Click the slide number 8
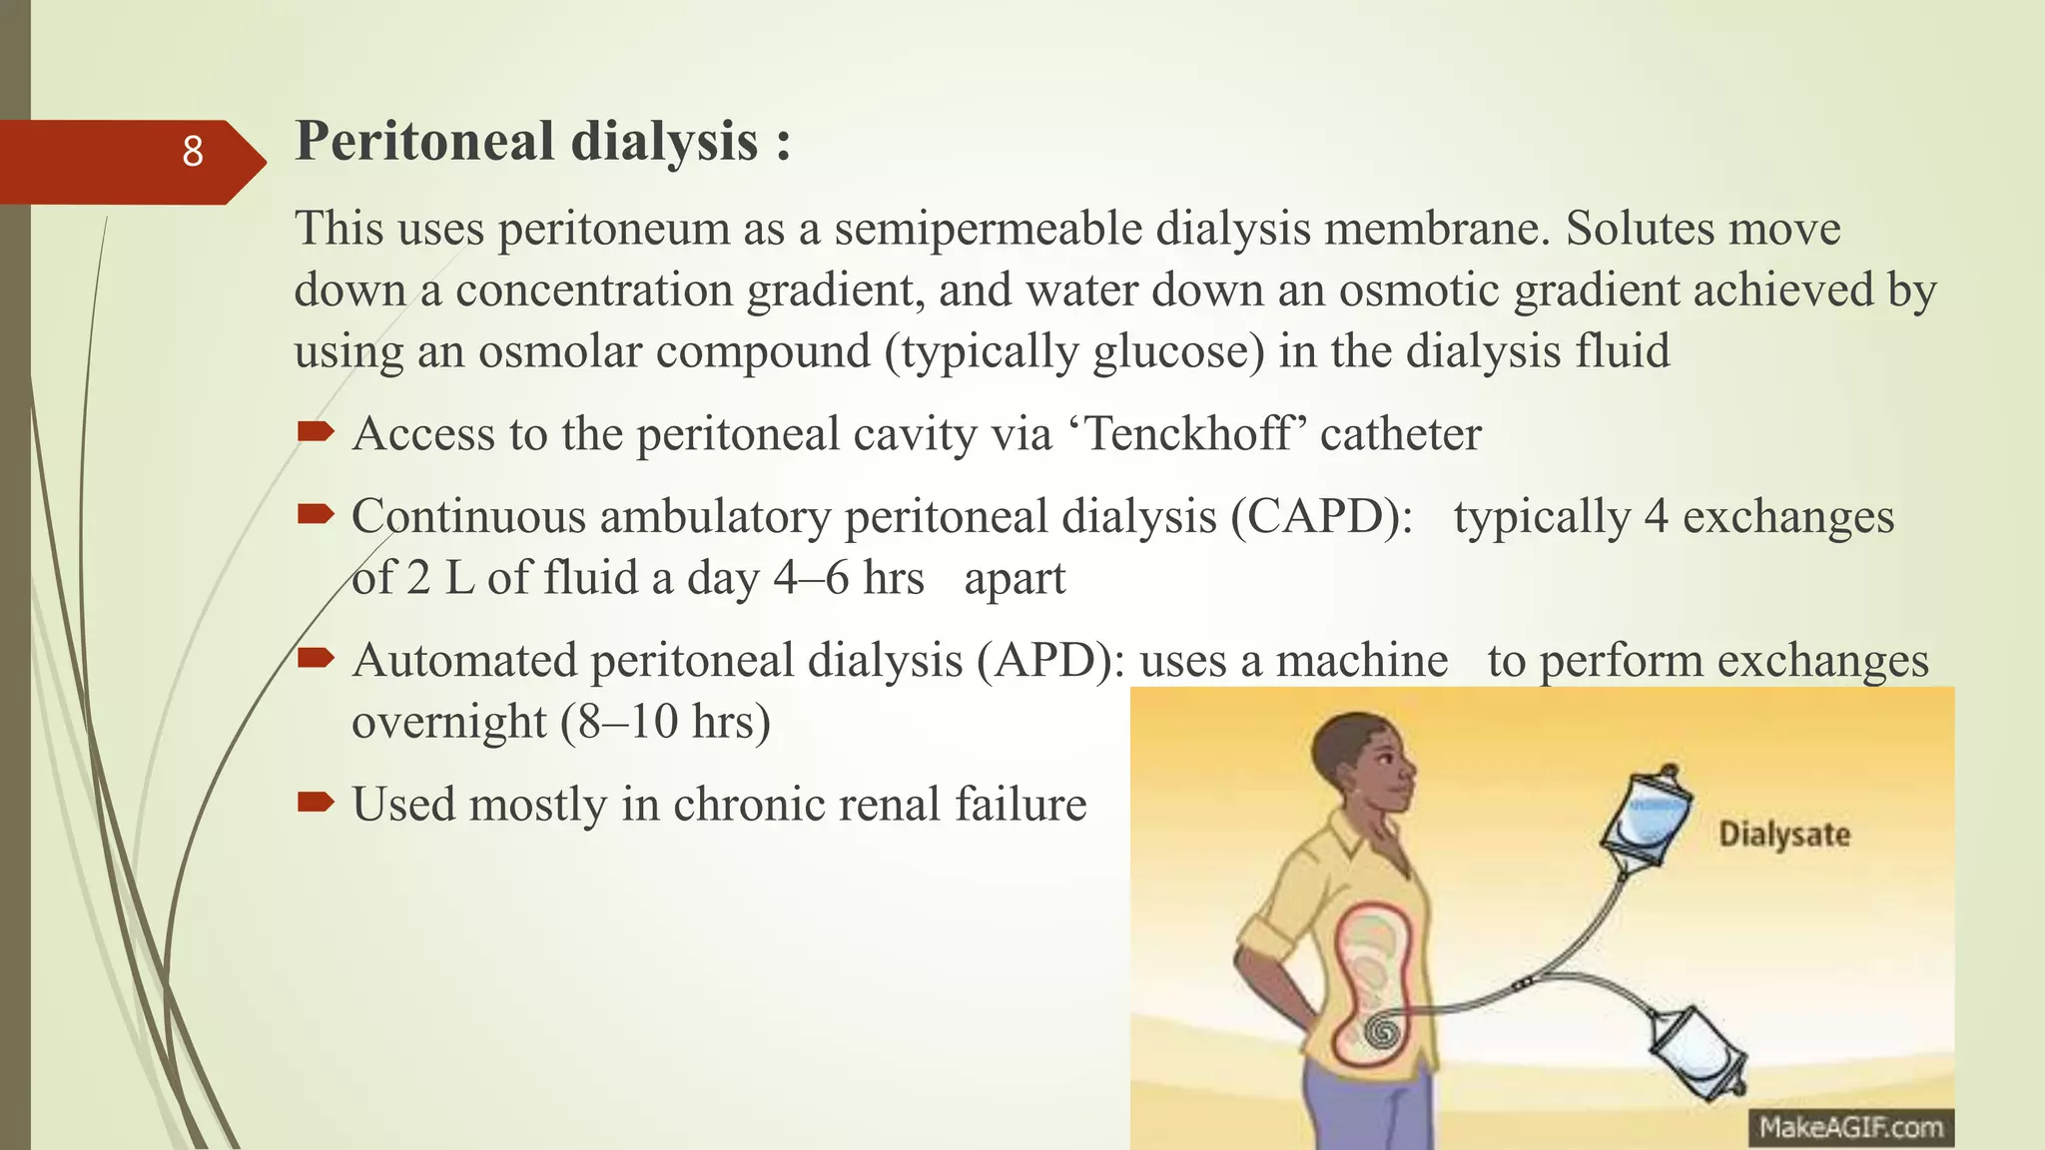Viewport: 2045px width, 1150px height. click(x=193, y=152)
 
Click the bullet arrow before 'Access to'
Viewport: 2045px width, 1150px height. click(x=315, y=431)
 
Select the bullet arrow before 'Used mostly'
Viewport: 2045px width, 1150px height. click(x=315, y=801)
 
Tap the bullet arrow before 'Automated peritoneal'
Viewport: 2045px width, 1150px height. click(x=315, y=657)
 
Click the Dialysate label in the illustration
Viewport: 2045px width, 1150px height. click(x=1783, y=835)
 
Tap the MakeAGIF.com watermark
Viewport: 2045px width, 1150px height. click(x=1850, y=1128)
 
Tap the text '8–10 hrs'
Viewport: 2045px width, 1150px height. click(x=665, y=722)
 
